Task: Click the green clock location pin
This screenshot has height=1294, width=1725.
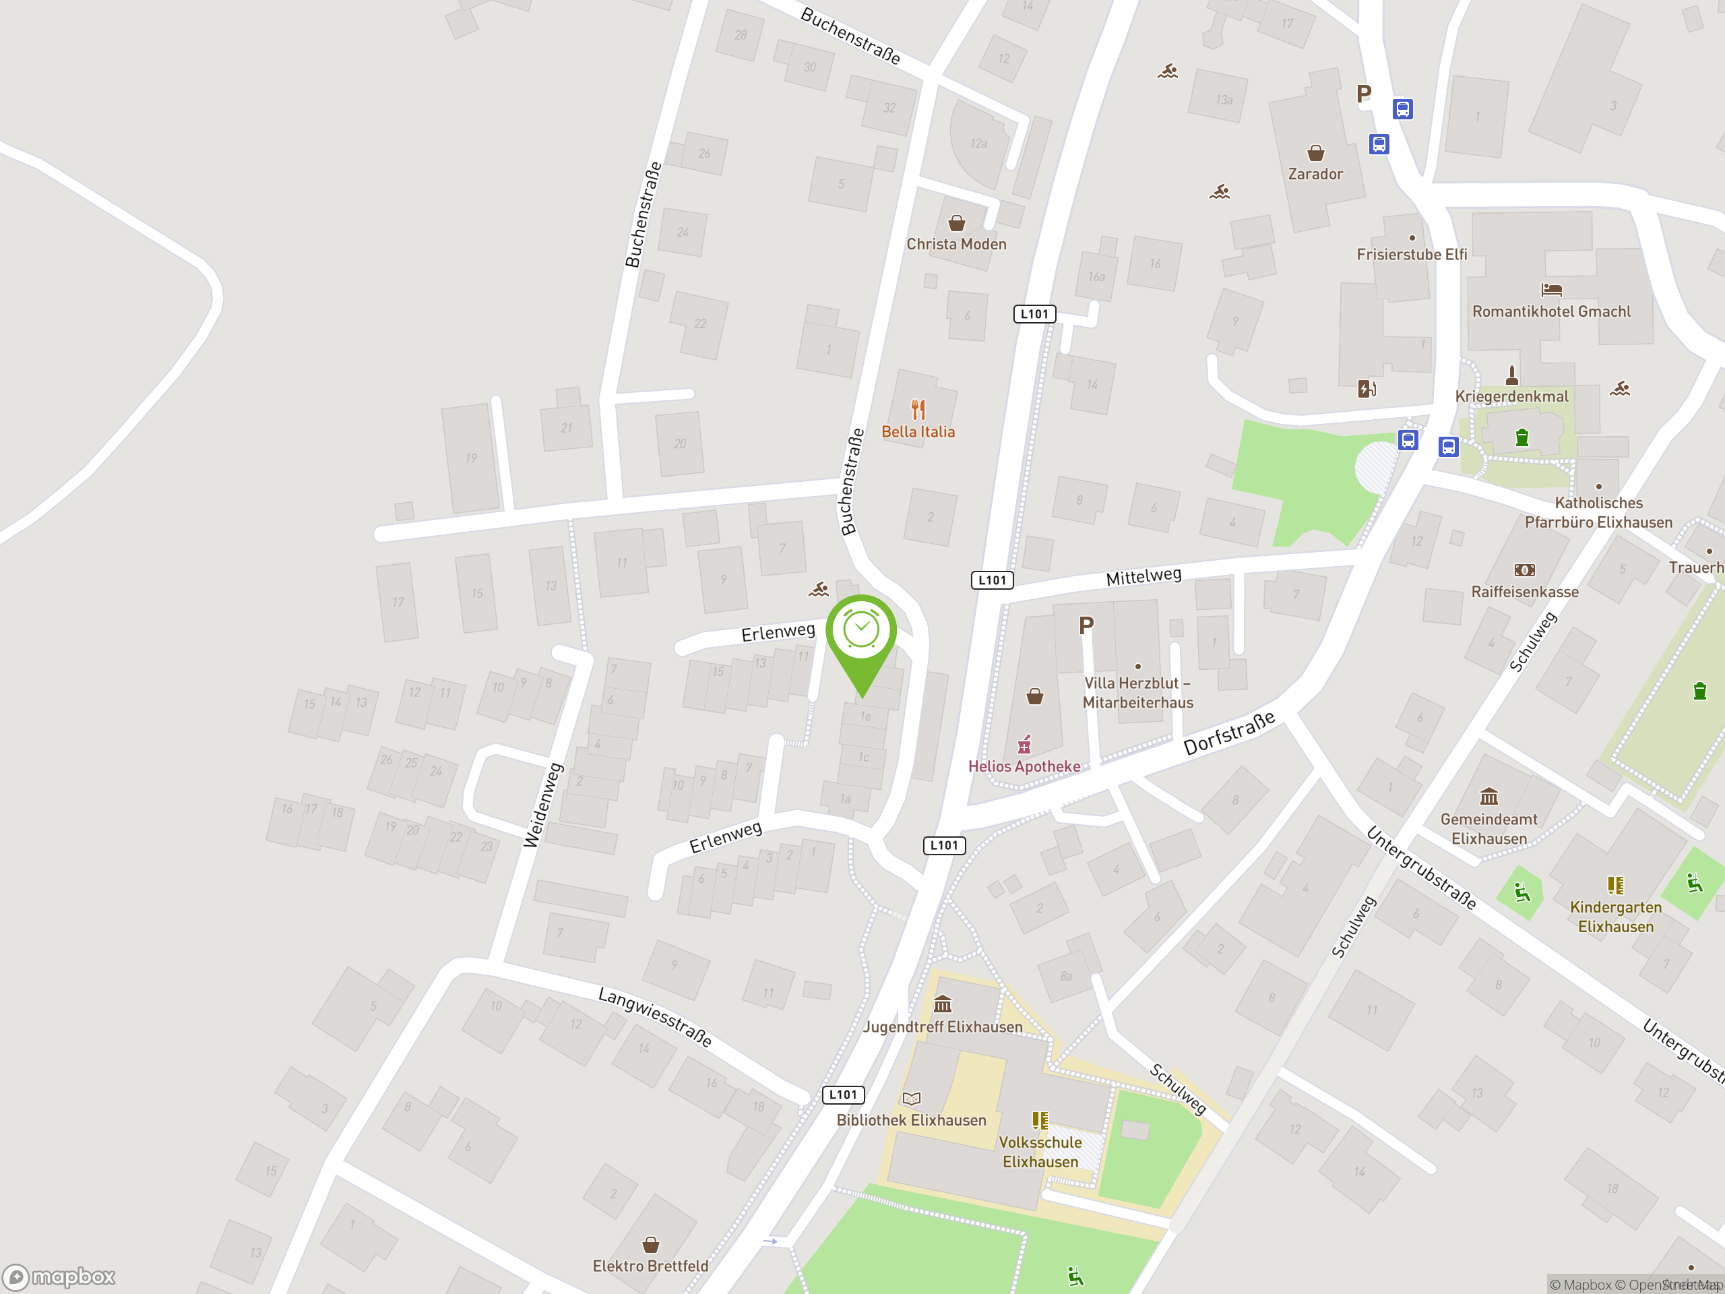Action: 861,631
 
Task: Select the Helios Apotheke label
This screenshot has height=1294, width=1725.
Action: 1024,766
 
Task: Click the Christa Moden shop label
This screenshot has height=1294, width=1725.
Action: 956,244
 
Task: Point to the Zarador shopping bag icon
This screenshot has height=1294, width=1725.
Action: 1315,152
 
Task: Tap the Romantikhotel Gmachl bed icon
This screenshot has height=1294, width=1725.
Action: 1551,290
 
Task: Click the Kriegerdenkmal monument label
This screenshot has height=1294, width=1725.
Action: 1511,396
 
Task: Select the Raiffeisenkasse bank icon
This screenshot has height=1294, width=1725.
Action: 1525,570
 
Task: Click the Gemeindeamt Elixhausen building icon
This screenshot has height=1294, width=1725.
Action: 1488,797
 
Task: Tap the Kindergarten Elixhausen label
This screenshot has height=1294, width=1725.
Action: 1615,917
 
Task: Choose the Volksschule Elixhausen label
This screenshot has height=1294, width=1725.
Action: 1040,1151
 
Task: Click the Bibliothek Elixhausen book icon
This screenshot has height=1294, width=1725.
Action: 911,1099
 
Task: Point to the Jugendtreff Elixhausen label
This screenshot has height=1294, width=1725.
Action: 942,1026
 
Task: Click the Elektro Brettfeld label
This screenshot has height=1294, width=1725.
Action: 650,1265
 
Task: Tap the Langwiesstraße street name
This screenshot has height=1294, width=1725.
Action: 655,1017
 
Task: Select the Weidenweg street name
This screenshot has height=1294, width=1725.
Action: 544,805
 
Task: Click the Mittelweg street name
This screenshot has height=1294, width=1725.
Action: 1143,576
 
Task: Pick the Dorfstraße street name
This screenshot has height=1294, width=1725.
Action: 1229,733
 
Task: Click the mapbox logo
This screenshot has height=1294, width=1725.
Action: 59,1277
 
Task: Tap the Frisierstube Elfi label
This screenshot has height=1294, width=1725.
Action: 1412,254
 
